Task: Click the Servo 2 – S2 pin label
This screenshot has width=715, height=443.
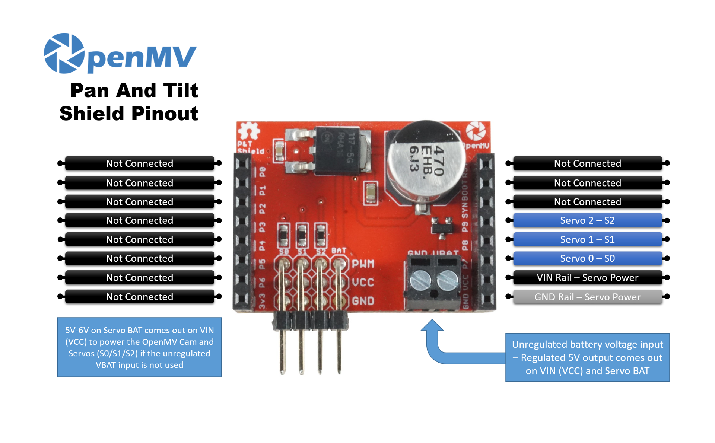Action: (587, 220)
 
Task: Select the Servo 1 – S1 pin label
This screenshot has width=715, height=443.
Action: (587, 239)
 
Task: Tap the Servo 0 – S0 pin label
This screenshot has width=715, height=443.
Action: (587, 258)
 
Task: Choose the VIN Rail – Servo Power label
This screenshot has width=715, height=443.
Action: (587, 278)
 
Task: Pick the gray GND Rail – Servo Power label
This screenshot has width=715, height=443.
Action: (587, 297)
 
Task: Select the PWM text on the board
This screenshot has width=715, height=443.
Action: (363, 264)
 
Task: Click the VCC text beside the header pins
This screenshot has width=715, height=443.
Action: (363, 282)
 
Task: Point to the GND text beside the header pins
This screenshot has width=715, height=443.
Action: (363, 300)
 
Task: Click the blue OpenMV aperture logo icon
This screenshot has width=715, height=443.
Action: (64, 53)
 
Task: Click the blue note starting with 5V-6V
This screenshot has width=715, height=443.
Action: (139, 347)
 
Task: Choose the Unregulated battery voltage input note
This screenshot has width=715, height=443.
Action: (587, 357)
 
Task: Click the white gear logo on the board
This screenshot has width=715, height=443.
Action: (249, 131)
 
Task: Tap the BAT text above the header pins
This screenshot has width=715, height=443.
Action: (339, 251)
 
